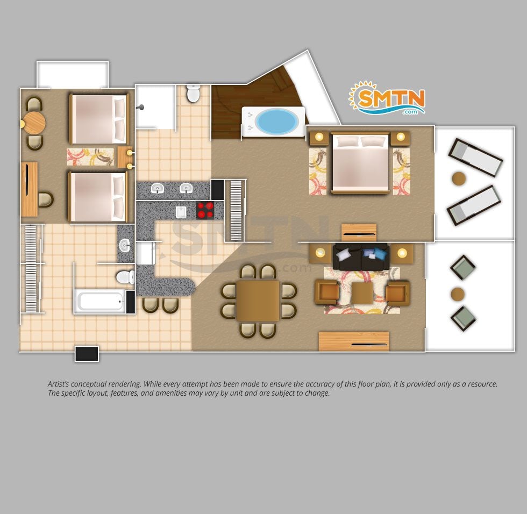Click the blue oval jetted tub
click(276, 122)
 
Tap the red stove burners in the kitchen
click(205, 211)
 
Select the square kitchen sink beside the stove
click(181, 212)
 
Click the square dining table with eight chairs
click(258, 301)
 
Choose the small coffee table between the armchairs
click(362, 293)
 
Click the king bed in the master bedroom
click(360, 163)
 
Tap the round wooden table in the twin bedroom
click(34, 123)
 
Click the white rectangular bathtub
click(100, 301)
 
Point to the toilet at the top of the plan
click(193, 94)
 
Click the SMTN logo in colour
click(387, 98)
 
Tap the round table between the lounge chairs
click(459, 179)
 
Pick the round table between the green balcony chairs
click(458, 294)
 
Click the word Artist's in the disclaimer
click(59, 384)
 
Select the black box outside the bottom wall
click(87, 354)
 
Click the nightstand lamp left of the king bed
click(319, 137)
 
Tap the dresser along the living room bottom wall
click(354, 341)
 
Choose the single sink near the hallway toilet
click(125, 246)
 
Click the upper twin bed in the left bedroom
click(99, 119)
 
